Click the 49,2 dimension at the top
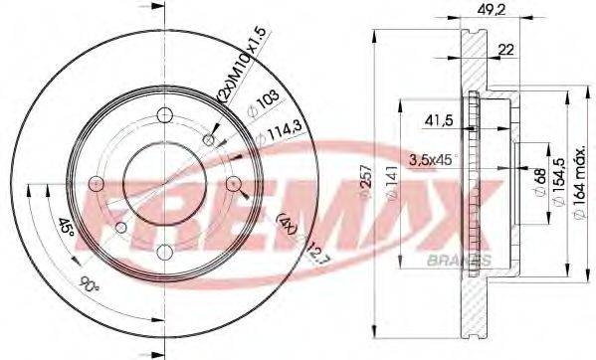click(x=491, y=12)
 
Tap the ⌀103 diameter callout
click(x=262, y=104)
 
